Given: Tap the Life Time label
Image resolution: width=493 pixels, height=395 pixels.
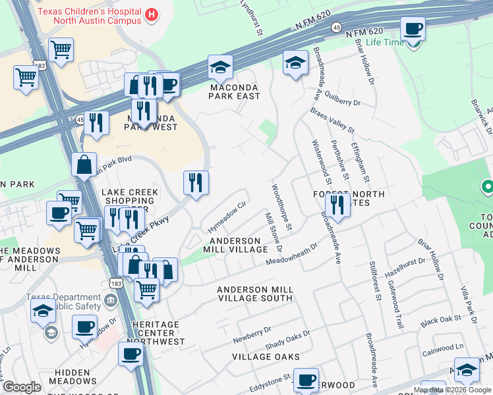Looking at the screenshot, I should click(x=384, y=43).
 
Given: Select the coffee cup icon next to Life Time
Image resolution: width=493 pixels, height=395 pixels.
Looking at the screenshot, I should click(x=413, y=29).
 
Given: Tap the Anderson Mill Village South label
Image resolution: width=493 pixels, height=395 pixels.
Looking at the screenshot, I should click(x=254, y=294).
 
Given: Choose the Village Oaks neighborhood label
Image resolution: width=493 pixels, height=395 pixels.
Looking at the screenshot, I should click(x=266, y=357).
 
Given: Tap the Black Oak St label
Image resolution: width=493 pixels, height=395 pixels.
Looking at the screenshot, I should click(x=440, y=320).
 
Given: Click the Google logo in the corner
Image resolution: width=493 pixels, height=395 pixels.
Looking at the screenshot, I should click(x=22, y=387).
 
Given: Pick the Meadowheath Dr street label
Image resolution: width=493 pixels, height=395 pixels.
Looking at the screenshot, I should click(x=291, y=255).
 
